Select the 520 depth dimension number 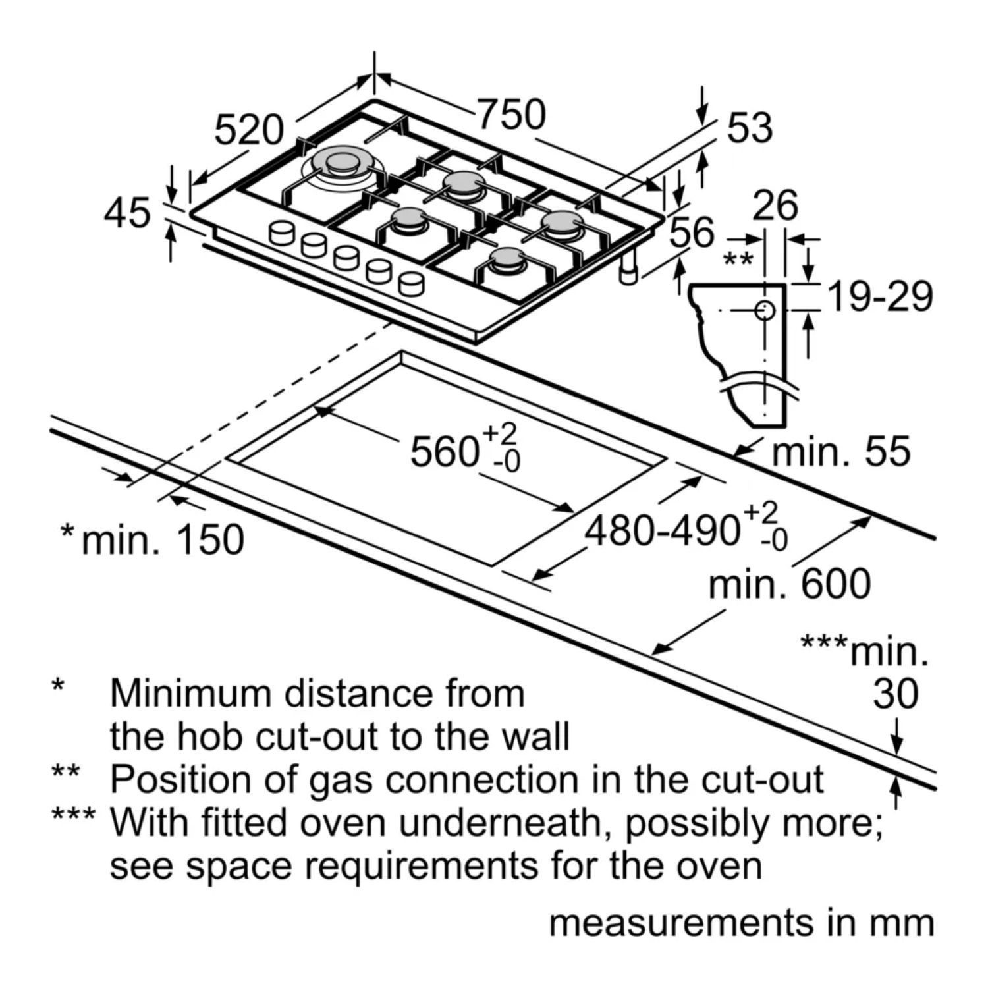[x=249, y=129]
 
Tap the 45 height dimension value [x=127, y=213]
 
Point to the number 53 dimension [x=750, y=128]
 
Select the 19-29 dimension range [x=880, y=296]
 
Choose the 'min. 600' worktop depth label [x=789, y=584]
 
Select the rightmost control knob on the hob [x=411, y=284]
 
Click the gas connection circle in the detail [x=765, y=310]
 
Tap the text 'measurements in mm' [x=742, y=923]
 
